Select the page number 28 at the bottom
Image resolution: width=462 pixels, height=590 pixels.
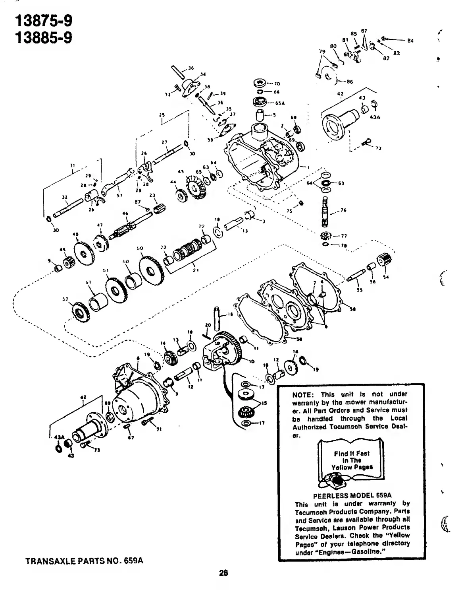223,573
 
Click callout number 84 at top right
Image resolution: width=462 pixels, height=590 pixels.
410,40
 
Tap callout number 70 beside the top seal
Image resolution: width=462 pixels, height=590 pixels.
277,84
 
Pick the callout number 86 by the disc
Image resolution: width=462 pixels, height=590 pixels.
349,82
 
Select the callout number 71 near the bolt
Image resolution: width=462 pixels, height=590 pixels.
160,429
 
